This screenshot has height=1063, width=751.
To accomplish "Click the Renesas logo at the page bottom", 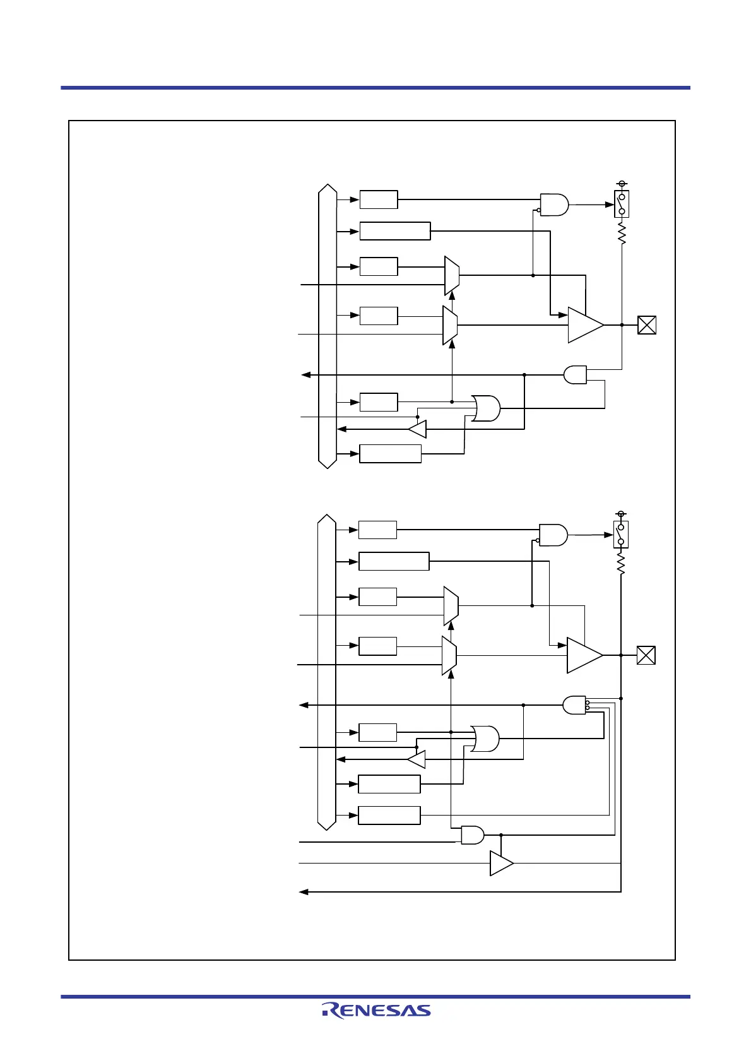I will pyautogui.click(x=376, y=1010).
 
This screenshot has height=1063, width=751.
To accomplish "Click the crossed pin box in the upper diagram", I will pyautogui.click(x=647, y=325).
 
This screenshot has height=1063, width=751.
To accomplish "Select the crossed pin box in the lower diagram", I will pyautogui.click(x=646, y=655).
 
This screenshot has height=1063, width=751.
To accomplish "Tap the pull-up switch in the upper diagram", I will pyautogui.click(x=622, y=205).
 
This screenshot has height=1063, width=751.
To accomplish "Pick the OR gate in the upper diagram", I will pyautogui.click(x=486, y=408).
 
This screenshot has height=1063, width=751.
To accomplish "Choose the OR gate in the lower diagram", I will pyautogui.click(x=485, y=739).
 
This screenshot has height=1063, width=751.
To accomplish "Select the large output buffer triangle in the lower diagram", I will pyautogui.click(x=584, y=655).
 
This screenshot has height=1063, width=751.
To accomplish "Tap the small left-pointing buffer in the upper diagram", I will pyautogui.click(x=418, y=430).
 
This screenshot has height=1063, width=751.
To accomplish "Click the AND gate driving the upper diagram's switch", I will pyautogui.click(x=554, y=205).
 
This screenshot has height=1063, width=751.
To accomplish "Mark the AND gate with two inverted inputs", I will pyautogui.click(x=574, y=705).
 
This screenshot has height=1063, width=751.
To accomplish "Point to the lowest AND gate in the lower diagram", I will pyautogui.click(x=473, y=835).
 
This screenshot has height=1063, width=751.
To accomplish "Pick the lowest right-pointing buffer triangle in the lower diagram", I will pyautogui.click(x=501, y=863).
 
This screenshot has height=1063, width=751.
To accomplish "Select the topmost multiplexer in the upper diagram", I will pyautogui.click(x=452, y=276).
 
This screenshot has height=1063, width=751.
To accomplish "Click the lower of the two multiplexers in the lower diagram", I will pyautogui.click(x=449, y=656).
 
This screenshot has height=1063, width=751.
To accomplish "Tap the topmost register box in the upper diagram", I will pyautogui.click(x=379, y=199).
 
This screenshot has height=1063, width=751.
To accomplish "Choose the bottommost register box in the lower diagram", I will pyautogui.click(x=389, y=816).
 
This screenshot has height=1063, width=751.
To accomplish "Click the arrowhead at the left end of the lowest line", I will pyautogui.click(x=303, y=892).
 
